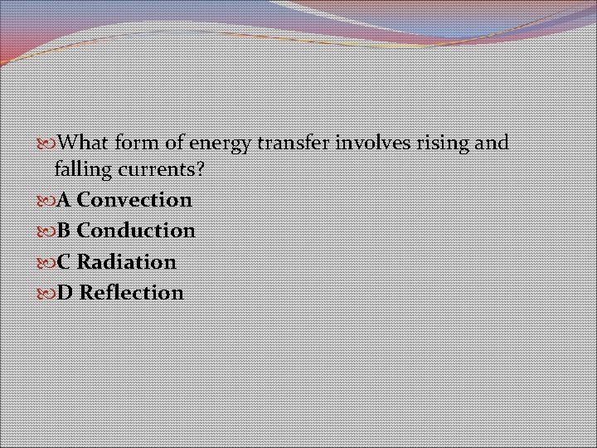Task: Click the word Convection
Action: click(x=134, y=200)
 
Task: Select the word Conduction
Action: click(x=136, y=231)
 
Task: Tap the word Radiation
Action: click(x=127, y=262)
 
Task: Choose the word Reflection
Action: click(x=132, y=293)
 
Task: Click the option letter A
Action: click(x=64, y=200)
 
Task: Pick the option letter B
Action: click(x=64, y=231)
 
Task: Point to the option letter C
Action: click(x=64, y=262)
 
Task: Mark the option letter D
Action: click(x=65, y=293)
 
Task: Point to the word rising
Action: click(x=444, y=144)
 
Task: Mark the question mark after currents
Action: click(x=200, y=170)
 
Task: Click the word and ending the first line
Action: click(x=493, y=143)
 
